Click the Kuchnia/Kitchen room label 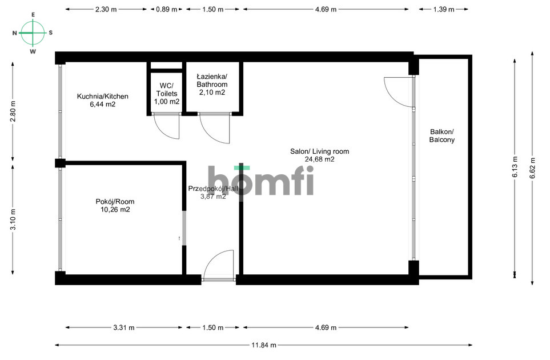(103, 97)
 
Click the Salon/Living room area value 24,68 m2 (319, 160)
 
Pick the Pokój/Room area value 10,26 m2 (115, 210)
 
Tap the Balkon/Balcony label (442, 135)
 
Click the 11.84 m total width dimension (264, 345)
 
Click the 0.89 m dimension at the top (167, 10)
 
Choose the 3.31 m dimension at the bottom (123, 328)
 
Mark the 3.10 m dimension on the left (13, 219)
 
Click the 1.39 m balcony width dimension (443, 10)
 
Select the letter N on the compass (15, 33)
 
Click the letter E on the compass (33, 15)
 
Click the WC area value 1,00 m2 (166, 102)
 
